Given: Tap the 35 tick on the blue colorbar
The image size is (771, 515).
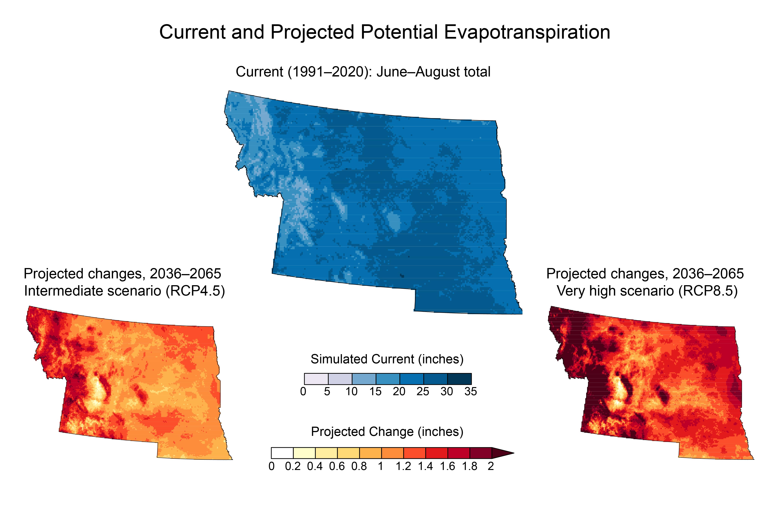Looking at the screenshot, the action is click(x=471, y=391).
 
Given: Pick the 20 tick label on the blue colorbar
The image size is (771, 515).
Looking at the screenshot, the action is click(x=399, y=391).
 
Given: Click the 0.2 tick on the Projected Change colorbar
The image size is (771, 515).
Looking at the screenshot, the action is click(x=293, y=466).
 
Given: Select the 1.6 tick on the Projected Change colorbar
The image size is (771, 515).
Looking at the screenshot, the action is click(x=447, y=466).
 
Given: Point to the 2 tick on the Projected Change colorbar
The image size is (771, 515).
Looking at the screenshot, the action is click(x=491, y=466).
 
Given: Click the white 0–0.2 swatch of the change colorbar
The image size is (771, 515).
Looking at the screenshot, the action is click(x=282, y=453).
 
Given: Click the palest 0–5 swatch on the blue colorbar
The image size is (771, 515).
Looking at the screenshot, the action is click(x=316, y=379).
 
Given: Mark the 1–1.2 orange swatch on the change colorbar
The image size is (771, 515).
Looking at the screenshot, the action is click(x=392, y=453).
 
